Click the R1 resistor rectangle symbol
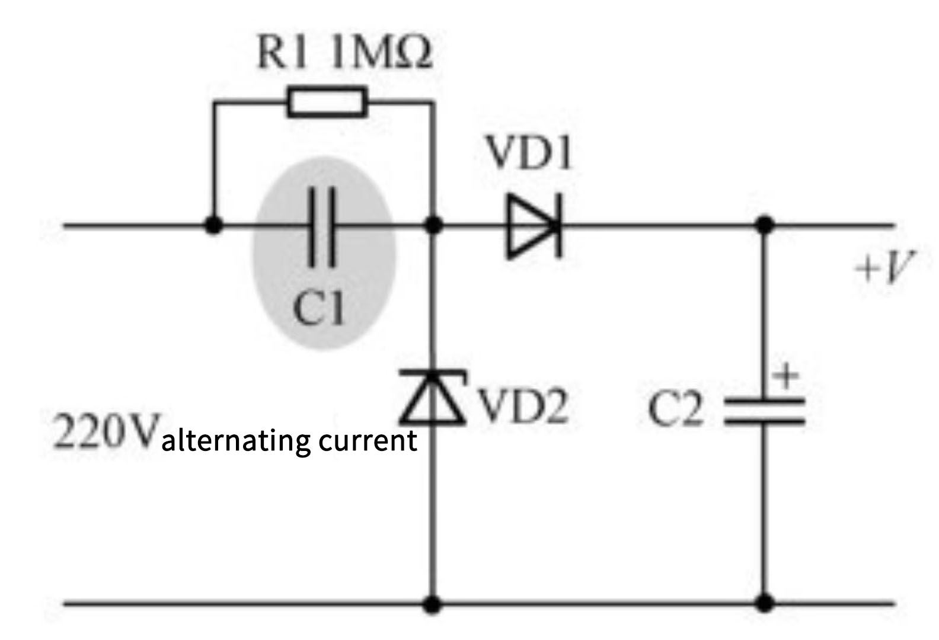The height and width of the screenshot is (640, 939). click(327, 101)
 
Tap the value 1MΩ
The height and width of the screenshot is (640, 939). click(380, 53)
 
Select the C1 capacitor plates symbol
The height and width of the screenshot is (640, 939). click(322, 226)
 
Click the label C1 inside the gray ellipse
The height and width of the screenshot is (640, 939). click(319, 308)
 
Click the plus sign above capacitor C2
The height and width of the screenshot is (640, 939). click(787, 376)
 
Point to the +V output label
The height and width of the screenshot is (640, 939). click(884, 268)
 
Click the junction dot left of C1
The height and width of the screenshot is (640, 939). click(213, 225)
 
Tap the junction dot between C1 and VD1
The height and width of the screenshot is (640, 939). click(435, 225)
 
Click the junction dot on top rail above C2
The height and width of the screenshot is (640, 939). click(765, 225)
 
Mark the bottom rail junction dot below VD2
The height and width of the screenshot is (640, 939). click(434, 604)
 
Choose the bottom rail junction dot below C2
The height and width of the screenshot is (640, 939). click(765, 604)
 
